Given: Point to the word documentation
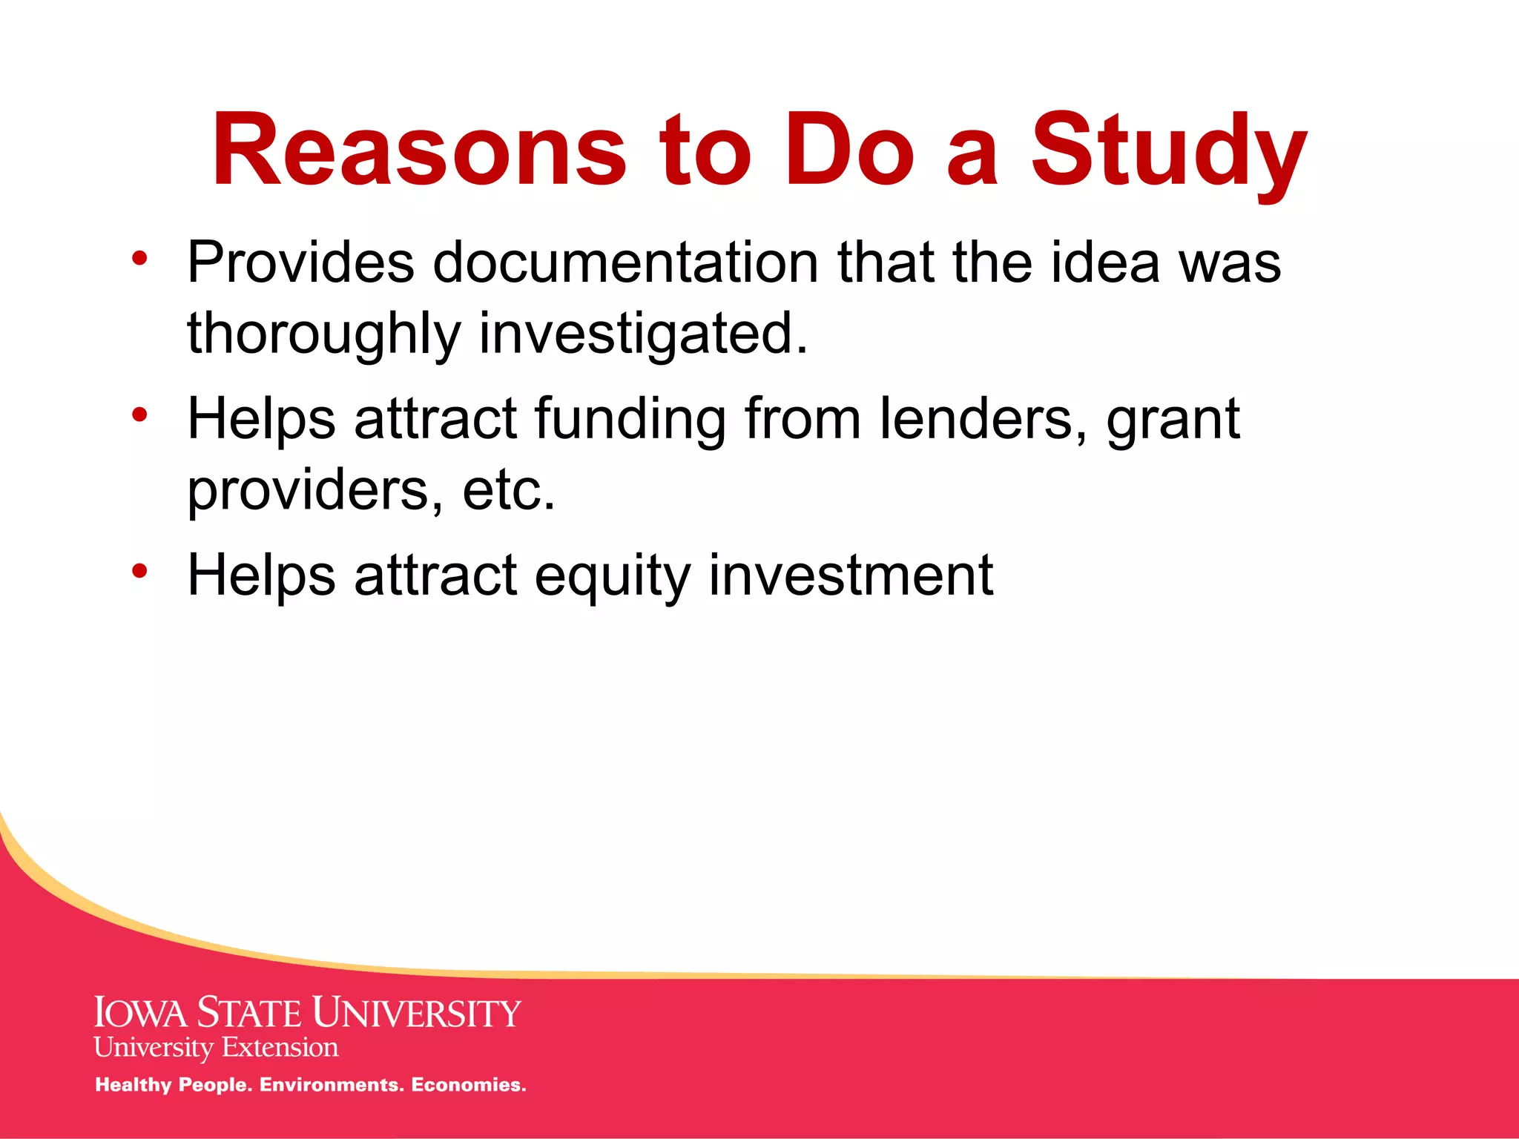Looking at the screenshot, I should [x=626, y=263].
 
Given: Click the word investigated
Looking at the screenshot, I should [x=643, y=334].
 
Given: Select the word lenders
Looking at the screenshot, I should [x=983, y=420].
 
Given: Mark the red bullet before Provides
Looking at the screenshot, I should [x=139, y=259].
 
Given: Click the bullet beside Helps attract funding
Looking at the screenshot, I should [x=139, y=415].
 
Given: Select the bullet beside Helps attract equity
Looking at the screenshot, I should [x=139, y=571].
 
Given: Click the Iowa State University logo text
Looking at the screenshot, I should [x=308, y=1013].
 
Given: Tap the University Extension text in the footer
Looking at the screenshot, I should [x=216, y=1048].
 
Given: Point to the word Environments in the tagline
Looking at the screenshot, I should [x=329, y=1085].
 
